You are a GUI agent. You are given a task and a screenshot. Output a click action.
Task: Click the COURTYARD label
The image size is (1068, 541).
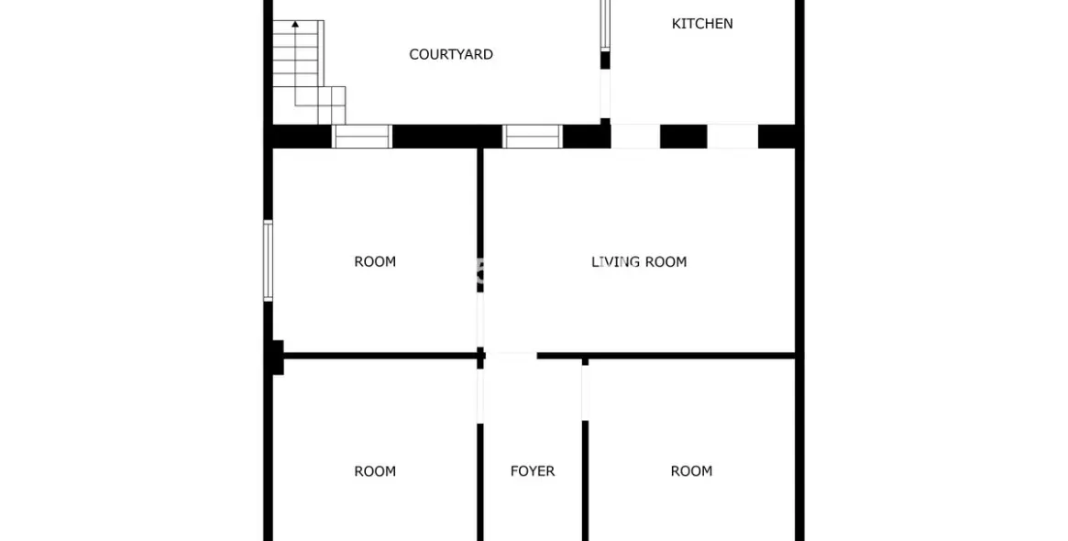click(451, 55)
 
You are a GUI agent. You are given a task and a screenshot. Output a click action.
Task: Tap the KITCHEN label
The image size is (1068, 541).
click(702, 24)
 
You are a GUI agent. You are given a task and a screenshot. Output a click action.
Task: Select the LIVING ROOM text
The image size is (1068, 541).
click(639, 262)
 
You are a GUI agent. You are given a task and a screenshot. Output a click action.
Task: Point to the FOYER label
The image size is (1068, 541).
click(533, 471)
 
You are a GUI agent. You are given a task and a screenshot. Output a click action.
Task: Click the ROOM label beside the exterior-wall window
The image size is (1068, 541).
click(375, 262)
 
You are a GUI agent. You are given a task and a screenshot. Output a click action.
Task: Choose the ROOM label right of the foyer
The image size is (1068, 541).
click(691, 471)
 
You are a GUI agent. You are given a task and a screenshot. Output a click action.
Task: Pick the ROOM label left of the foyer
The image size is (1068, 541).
click(375, 471)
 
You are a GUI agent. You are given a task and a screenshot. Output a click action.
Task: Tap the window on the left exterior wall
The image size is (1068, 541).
click(268, 260)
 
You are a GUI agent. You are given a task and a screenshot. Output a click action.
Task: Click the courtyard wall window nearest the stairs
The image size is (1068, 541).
click(362, 137)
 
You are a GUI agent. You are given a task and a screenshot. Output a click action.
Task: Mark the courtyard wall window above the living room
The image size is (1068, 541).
click(533, 137)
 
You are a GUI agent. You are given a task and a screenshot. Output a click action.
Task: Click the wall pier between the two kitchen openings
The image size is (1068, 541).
click(683, 137)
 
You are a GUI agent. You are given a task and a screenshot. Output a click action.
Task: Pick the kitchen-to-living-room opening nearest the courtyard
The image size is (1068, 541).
click(635, 137)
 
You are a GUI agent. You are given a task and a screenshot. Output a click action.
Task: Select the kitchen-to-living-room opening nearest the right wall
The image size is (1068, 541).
click(732, 137)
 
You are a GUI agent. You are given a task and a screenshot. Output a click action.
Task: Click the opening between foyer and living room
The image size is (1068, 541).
click(511, 355)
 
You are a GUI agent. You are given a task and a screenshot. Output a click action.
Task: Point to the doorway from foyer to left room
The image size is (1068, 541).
click(479, 394)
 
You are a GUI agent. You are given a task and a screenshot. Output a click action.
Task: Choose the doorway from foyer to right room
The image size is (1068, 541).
click(585, 392)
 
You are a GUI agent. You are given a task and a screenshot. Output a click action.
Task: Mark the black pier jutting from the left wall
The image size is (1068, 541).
click(277, 357)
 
